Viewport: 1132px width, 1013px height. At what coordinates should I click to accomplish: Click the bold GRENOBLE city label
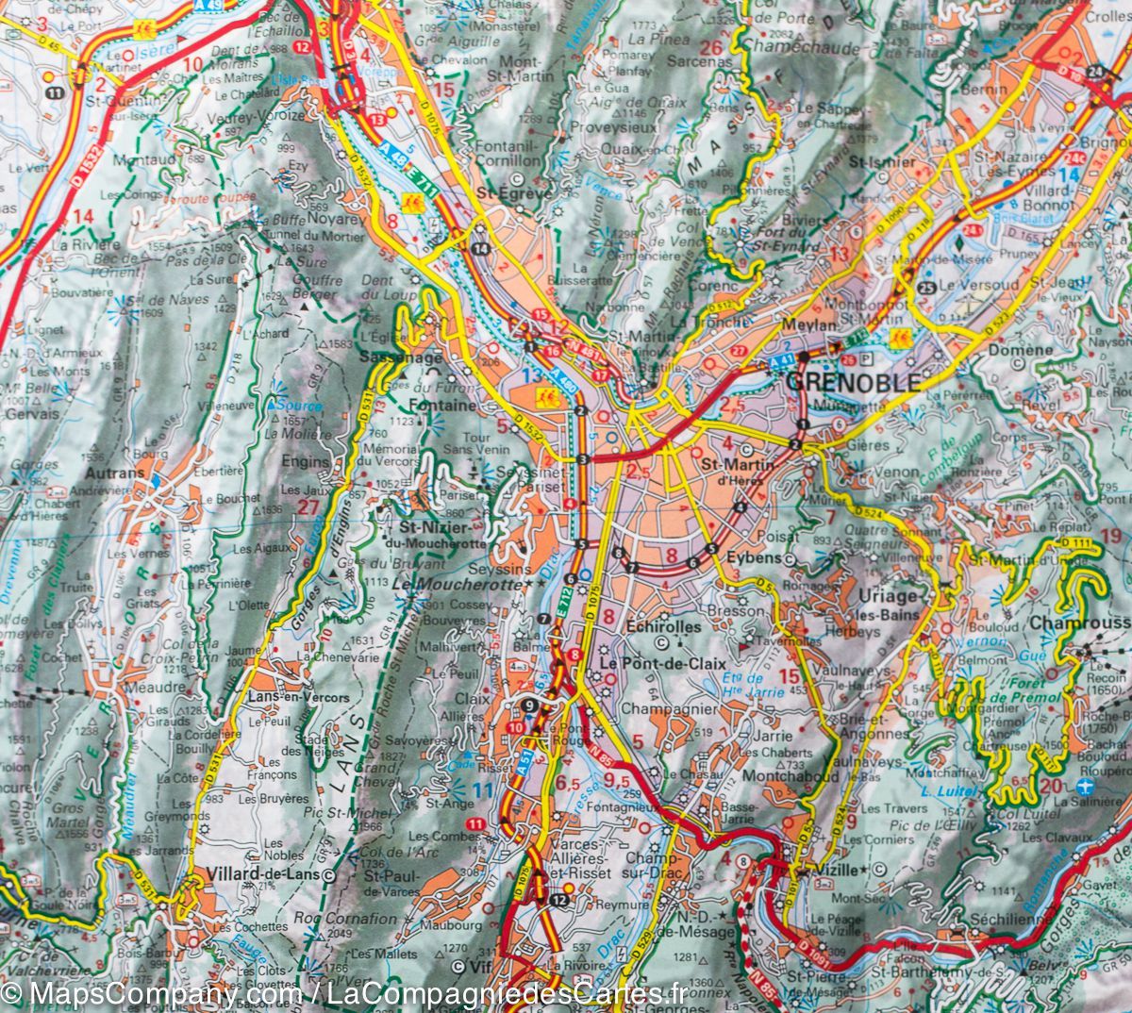tap(853, 383)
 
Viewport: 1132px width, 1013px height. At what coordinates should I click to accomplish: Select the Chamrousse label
tap(1079, 623)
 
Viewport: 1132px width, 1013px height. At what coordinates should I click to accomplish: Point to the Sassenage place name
tap(400, 358)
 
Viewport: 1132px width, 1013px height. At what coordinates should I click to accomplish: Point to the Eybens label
tap(755, 557)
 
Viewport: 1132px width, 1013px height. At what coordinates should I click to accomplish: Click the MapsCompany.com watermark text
tap(146, 993)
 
